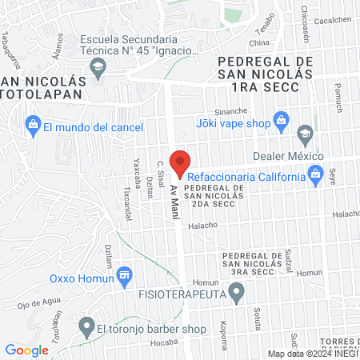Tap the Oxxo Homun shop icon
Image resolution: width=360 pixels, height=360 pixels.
(x=123, y=277)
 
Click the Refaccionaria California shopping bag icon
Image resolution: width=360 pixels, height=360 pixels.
(x=315, y=173)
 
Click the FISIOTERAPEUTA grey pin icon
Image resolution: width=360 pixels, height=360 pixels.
(x=236, y=295)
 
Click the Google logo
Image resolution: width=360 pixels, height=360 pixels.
(x=27, y=350)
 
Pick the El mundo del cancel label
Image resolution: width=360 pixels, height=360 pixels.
(x=93, y=127)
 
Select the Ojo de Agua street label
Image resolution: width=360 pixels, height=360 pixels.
(x=34, y=303)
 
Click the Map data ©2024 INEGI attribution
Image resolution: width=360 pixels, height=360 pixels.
(x=312, y=354)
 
